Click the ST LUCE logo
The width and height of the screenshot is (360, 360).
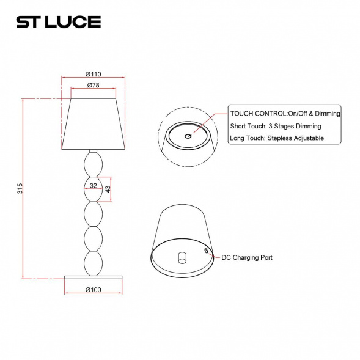58,22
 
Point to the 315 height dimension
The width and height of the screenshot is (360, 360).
20,189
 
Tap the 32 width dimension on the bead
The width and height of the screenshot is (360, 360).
93,185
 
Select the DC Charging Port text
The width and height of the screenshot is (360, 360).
246,258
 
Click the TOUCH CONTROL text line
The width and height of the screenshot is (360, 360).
285,114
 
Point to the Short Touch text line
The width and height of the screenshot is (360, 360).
275,126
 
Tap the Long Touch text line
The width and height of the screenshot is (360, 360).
276,138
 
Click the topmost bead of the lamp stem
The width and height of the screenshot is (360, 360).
93,164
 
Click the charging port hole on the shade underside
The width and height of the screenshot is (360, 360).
206,251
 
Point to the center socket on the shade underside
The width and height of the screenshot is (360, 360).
182,257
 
